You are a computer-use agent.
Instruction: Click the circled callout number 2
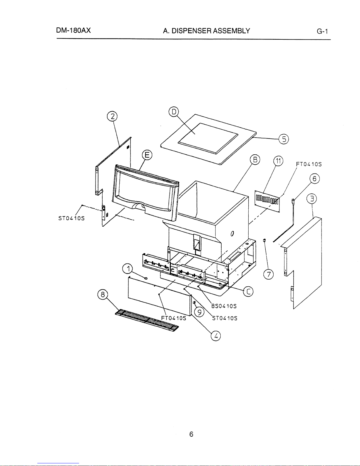pyautogui.click(x=112, y=117)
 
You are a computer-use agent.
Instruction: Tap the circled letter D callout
pyautogui.click(x=174, y=112)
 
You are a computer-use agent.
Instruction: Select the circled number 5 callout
pyautogui.click(x=284, y=139)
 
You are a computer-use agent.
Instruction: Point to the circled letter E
pyautogui.click(x=147, y=155)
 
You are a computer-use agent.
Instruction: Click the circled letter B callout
pyautogui.click(x=255, y=160)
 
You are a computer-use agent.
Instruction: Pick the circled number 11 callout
pyautogui.click(x=278, y=161)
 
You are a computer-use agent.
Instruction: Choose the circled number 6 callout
pyautogui.click(x=314, y=179)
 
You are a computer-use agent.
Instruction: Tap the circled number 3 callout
pyautogui.click(x=312, y=199)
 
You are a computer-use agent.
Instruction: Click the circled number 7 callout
pyautogui.click(x=269, y=274)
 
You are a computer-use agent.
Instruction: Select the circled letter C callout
pyautogui.click(x=248, y=291)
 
